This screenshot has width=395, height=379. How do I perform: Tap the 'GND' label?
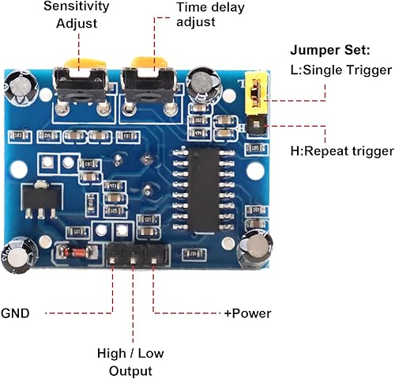[17, 313]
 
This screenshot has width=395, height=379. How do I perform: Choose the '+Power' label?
[247, 313]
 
